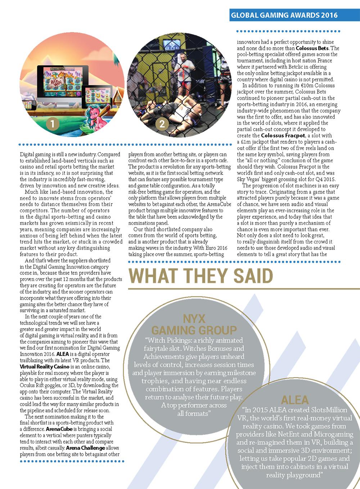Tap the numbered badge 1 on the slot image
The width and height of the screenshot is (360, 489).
coord(53,124)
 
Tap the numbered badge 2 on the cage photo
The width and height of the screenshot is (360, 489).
coord(162,124)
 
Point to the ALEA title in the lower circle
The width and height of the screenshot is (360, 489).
coord(295,400)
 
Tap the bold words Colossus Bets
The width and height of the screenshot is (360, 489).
coord(312,47)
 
